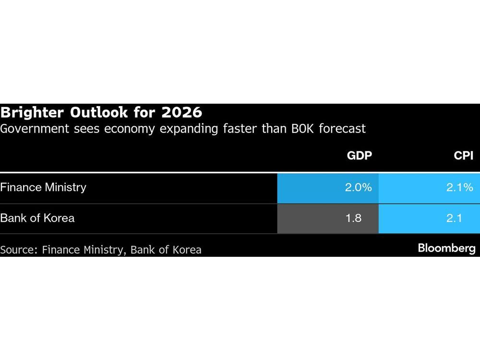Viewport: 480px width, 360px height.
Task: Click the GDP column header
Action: [360, 156]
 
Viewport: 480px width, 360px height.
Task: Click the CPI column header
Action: [463, 156]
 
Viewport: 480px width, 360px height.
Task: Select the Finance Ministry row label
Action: [43, 187]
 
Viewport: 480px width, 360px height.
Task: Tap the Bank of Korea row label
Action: [37, 218]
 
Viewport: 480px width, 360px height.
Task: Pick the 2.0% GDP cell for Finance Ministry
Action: [328, 188]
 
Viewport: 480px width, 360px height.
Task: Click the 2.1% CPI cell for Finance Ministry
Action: [429, 188]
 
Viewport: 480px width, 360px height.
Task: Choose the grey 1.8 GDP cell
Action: [328, 218]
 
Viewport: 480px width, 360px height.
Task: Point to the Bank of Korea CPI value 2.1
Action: [429, 218]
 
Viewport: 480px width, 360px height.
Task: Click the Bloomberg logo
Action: [446, 248]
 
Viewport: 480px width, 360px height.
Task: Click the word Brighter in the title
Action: [31, 113]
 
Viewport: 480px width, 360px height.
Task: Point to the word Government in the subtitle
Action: [30, 129]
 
